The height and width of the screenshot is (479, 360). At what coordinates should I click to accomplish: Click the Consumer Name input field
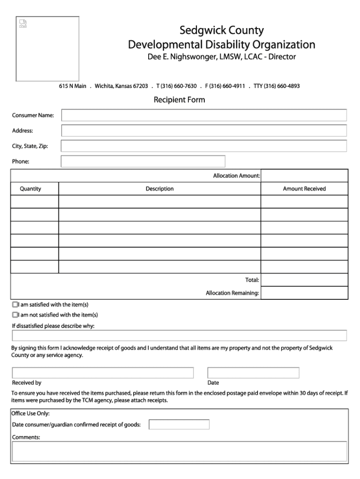[x=204, y=115]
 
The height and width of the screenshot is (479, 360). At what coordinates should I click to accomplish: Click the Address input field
[x=204, y=131]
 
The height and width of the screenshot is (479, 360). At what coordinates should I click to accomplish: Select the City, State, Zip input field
[x=204, y=146]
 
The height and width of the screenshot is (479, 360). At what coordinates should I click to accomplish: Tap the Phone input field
[x=143, y=161]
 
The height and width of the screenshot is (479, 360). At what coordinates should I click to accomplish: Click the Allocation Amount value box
[x=304, y=176]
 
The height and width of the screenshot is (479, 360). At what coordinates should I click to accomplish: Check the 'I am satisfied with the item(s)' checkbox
[x=15, y=305]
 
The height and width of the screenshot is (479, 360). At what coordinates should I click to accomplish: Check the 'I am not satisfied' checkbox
[x=15, y=315]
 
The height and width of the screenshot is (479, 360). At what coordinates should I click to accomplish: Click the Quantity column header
[x=30, y=189]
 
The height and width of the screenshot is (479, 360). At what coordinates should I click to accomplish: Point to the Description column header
[x=159, y=189]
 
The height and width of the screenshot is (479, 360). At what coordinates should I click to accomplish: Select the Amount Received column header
[x=304, y=189]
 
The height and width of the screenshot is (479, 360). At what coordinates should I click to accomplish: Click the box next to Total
[x=304, y=280]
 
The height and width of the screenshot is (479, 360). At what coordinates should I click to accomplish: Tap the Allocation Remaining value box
[x=304, y=293]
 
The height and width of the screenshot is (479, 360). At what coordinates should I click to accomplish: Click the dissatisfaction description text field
[x=180, y=335]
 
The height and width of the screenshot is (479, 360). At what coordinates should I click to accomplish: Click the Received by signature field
[x=103, y=373]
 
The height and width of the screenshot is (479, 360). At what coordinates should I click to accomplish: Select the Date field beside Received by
[x=253, y=373]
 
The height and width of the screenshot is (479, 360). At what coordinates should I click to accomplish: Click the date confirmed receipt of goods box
[x=179, y=425]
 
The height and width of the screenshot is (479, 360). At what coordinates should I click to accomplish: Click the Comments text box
[x=180, y=451]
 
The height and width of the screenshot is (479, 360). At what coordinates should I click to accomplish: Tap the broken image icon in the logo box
[x=23, y=23]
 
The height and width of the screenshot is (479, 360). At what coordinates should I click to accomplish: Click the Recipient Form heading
[x=180, y=100]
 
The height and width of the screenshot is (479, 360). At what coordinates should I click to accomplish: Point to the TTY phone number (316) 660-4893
[x=282, y=86]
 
